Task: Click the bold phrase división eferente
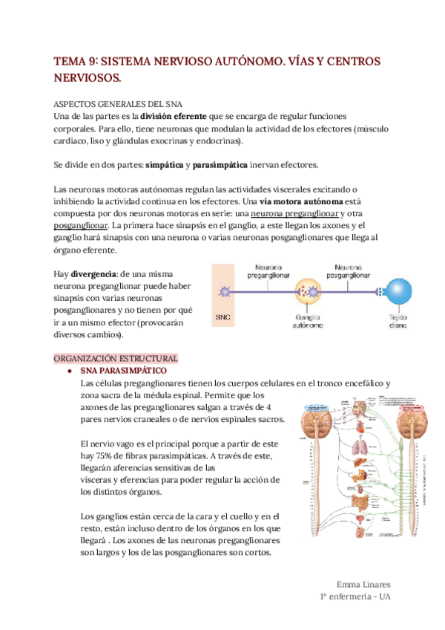point(174,117)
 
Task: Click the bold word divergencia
point(94,274)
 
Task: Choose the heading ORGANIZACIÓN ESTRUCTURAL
point(116,358)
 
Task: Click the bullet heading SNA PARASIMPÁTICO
point(123,370)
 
